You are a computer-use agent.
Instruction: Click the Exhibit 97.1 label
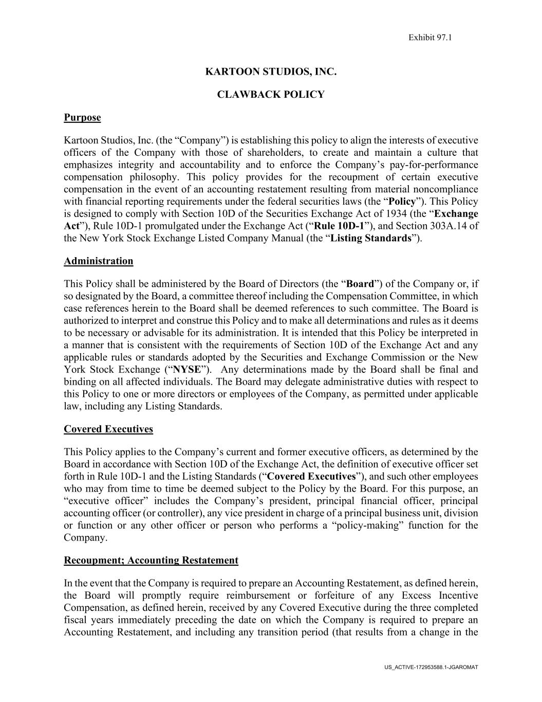429,37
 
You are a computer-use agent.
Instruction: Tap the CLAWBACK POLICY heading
271,95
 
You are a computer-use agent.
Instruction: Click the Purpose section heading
82,118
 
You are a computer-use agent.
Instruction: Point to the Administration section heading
98,261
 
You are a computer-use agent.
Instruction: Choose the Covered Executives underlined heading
108,429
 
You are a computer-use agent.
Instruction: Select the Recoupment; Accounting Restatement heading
151,560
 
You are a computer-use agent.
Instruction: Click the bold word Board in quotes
360,284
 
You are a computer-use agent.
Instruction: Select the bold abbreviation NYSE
188,370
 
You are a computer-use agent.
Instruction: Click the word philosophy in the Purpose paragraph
152,177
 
